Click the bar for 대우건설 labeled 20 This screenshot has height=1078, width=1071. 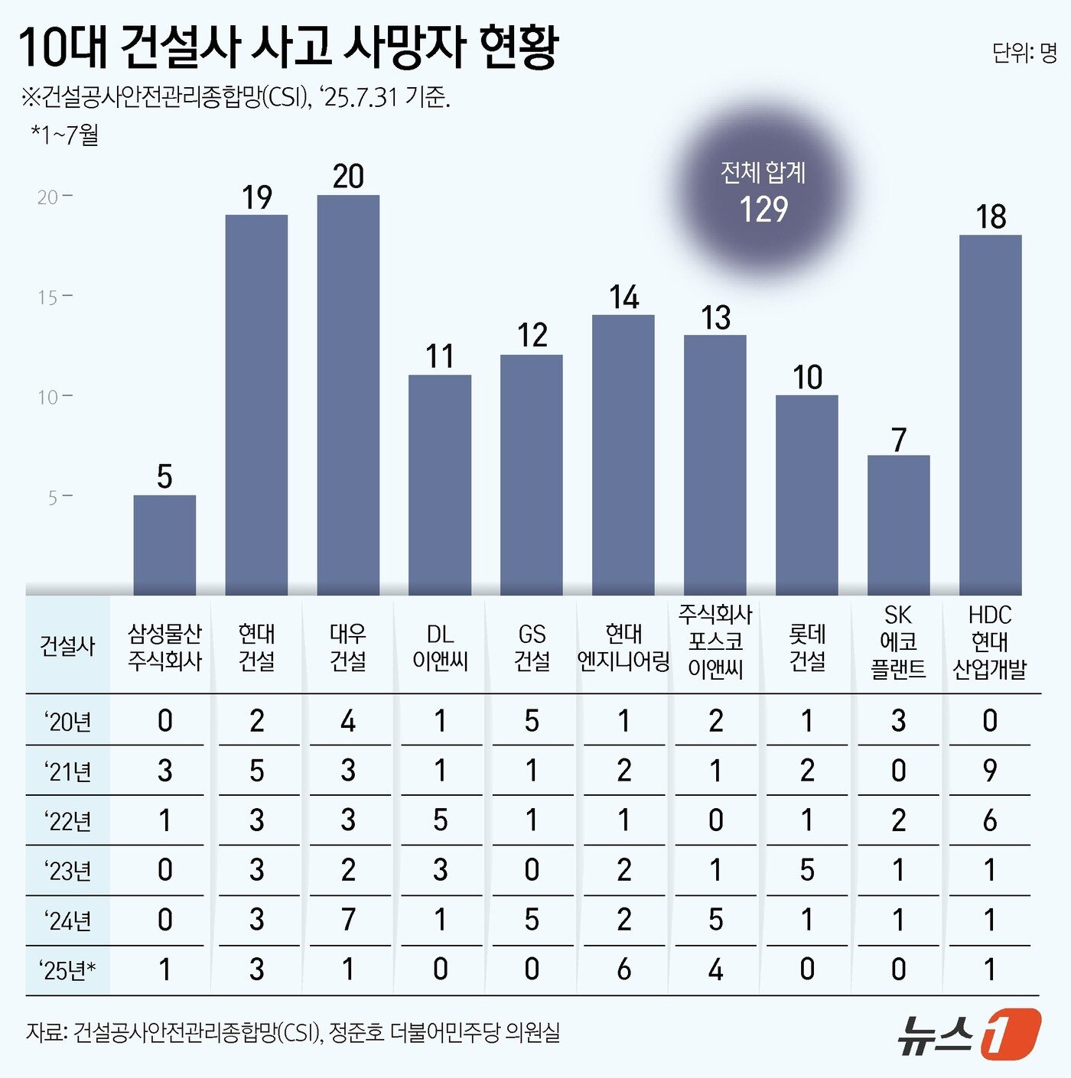348,394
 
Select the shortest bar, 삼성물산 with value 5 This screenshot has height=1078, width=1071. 164,544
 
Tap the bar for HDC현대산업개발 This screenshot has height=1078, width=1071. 990,414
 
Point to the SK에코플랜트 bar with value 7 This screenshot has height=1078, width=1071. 898,524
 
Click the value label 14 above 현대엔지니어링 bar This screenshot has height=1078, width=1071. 623,297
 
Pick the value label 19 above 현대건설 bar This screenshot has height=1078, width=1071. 257,198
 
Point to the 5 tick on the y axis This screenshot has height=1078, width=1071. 53,498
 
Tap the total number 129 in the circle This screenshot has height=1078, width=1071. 763,209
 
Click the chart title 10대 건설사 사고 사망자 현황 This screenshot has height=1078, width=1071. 289,47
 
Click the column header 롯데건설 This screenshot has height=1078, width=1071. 807,647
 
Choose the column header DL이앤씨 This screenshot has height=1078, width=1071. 440,647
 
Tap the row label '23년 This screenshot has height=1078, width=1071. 68,871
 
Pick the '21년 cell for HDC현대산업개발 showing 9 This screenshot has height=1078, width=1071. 990,771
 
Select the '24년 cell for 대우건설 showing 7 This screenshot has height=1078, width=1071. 348,920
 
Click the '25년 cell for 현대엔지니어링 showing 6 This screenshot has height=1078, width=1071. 623,969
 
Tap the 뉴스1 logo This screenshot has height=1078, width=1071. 968,1034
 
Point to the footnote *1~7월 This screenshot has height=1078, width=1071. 65,135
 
